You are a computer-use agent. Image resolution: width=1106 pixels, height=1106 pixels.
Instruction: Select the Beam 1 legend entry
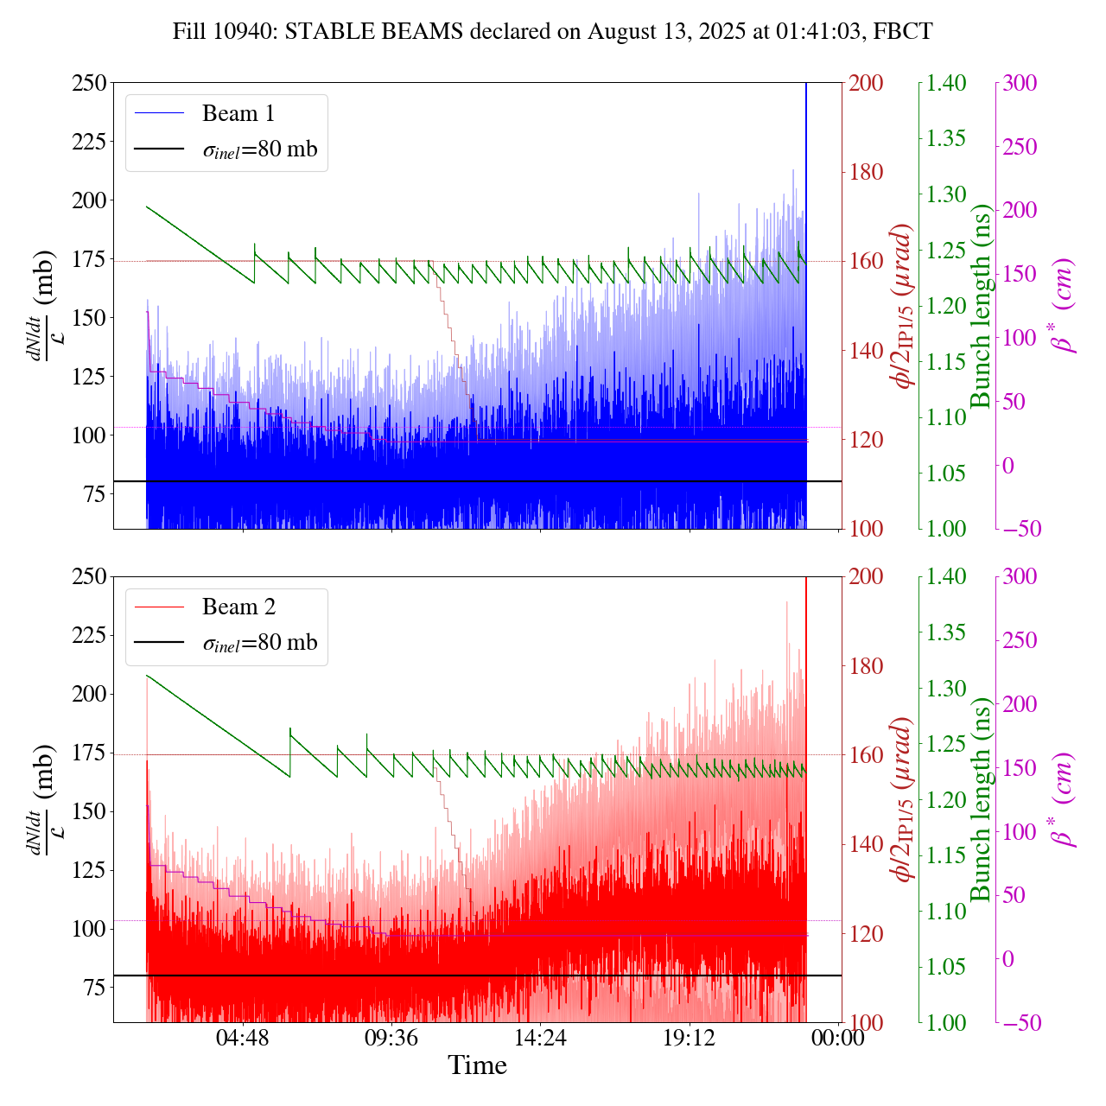click(x=238, y=113)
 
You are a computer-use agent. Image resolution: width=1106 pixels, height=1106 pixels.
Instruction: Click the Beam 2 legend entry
click(x=238, y=607)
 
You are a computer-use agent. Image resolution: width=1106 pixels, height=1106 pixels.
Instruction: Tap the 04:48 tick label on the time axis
click(x=243, y=1037)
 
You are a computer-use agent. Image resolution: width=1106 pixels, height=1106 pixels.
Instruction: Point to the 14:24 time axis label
click(x=540, y=1037)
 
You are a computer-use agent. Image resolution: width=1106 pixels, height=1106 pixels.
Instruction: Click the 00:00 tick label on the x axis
click(x=838, y=1037)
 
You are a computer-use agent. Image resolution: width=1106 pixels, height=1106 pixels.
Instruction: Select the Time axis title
click(x=477, y=1065)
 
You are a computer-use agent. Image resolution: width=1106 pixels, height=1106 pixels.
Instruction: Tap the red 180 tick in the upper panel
click(x=866, y=172)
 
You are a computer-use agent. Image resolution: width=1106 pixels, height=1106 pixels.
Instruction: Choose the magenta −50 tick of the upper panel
click(x=1022, y=529)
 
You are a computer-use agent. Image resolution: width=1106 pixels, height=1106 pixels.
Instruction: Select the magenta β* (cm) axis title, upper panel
click(x=1064, y=305)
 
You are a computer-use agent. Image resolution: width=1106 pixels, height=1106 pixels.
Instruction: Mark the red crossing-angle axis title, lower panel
click(x=905, y=799)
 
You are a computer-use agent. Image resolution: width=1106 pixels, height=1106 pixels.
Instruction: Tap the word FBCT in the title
click(x=903, y=32)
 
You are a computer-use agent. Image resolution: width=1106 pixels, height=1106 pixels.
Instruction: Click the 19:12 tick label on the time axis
click(x=690, y=1037)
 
